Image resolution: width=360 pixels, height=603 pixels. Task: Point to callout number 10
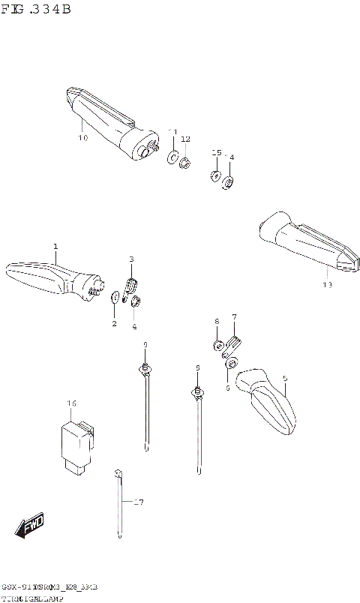[82, 138]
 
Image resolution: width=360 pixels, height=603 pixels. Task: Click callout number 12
[185, 139]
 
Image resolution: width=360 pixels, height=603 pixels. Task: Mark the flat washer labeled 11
[172, 157]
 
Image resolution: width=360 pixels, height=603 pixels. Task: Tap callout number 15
[216, 152]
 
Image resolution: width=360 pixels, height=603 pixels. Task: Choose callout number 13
[325, 284]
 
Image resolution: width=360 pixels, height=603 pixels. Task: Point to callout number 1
[55, 247]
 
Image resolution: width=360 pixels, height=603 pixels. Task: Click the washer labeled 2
[114, 298]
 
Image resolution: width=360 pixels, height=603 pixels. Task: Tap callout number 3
[131, 259]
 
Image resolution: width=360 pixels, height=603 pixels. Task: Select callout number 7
[234, 316]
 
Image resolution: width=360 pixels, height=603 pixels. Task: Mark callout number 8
[217, 321]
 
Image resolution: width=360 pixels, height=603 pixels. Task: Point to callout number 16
[71, 403]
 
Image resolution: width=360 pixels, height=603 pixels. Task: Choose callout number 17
[137, 502]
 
